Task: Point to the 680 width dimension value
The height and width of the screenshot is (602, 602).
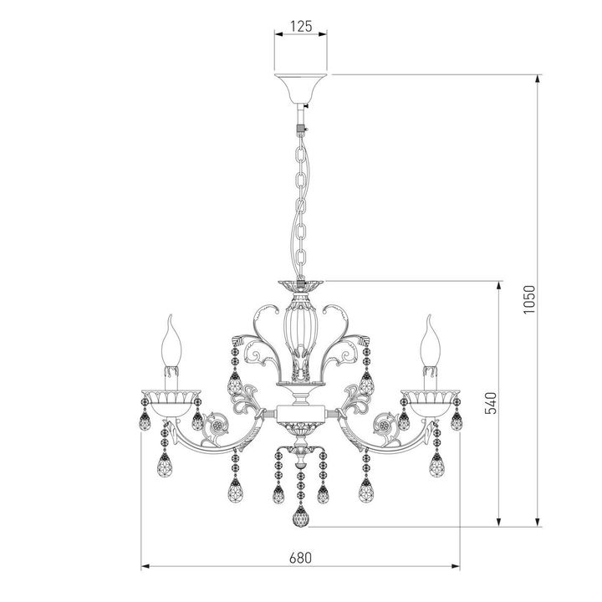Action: coord(301,558)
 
